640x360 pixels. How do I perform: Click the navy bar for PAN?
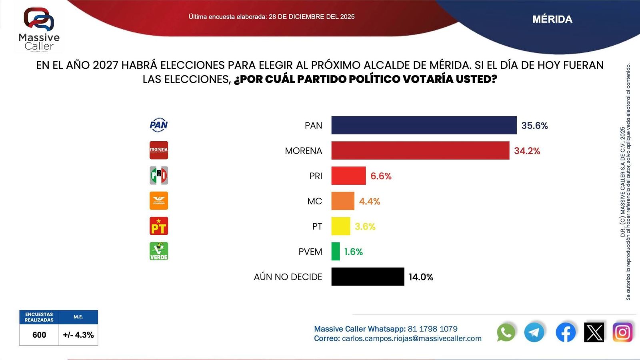[424, 125]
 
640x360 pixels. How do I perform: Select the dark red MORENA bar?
[420, 150]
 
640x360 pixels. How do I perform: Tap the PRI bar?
[348, 176]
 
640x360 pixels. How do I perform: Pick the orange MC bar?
[343, 201]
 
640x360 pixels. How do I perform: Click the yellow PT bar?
[340, 226]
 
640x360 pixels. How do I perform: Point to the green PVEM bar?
[336, 251]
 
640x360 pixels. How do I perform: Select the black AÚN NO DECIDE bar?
[368, 276]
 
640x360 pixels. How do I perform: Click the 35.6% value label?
[534, 126]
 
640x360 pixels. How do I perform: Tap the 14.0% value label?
[421, 277]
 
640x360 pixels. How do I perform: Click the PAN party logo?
[159, 125]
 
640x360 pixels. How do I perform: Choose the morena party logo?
[159, 150]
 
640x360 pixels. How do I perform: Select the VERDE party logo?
[159, 251]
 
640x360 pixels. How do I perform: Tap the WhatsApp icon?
[506, 332]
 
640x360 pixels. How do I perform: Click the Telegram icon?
[534, 332]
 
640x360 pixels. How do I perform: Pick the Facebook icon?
[566, 332]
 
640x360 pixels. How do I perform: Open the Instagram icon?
[622, 332]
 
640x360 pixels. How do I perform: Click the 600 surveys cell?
[39, 335]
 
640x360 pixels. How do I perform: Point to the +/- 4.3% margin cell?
[78, 335]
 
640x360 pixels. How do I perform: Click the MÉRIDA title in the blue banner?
[552, 19]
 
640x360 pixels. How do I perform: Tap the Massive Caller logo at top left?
[39, 30]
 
